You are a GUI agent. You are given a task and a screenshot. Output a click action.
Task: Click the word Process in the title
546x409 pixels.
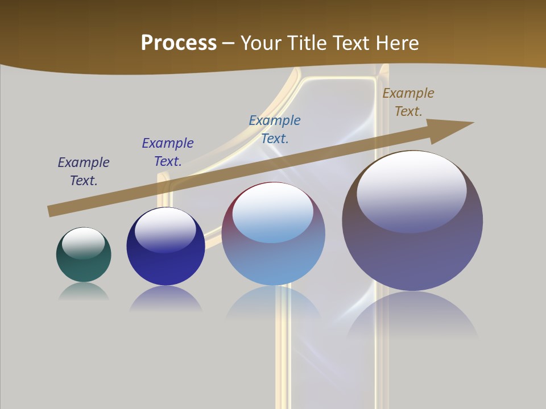(x=179, y=43)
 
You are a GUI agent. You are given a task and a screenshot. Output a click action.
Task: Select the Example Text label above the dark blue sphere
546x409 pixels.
(x=168, y=152)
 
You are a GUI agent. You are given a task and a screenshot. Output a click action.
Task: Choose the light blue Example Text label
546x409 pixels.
(x=275, y=130)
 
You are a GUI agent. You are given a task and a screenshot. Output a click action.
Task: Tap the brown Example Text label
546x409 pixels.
(x=408, y=102)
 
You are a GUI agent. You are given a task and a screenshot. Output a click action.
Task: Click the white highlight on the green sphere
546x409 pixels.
(x=83, y=242)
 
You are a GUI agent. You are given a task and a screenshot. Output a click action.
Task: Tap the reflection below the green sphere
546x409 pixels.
(x=84, y=291)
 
